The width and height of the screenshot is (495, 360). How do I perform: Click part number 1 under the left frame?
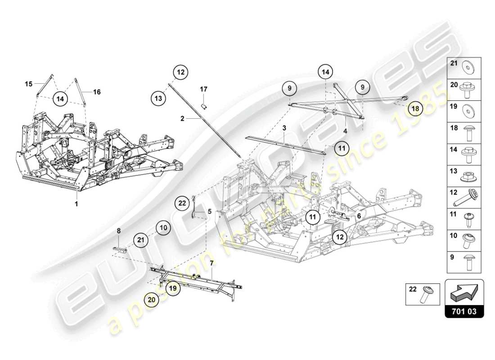pyautogui.click(x=76, y=204)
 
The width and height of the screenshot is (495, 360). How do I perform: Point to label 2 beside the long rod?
pyautogui.click(x=182, y=119)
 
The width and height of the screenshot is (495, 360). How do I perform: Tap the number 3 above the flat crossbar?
pyautogui.click(x=284, y=128)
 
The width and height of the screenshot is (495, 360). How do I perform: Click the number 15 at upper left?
pyautogui.click(x=29, y=84)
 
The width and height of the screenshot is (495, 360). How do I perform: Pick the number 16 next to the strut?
pyautogui.click(x=97, y=92)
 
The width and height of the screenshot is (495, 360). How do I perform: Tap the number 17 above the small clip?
pyautogui.click(x=203, y=89)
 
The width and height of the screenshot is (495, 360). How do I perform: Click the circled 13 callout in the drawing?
pyautogui.click(x=157, y=96)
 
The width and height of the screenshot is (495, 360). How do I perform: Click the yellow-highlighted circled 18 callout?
pyautogui.click(x=415, y=108)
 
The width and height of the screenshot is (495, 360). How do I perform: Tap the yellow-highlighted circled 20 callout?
pyautogui.click(x=152, y=297)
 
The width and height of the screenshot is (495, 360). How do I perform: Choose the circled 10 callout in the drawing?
pyautogui.click(x=163, y=228)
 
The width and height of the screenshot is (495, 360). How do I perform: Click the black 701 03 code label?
pyautogui.click(x=464, y=311)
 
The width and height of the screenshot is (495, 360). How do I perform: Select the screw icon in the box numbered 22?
pyautogui.click(x=426, y=295)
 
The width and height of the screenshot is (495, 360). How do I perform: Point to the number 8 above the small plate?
pyautogui.click(x=119, y=230)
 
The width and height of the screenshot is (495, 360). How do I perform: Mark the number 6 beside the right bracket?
pyautogui.click(x=359, y=216)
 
